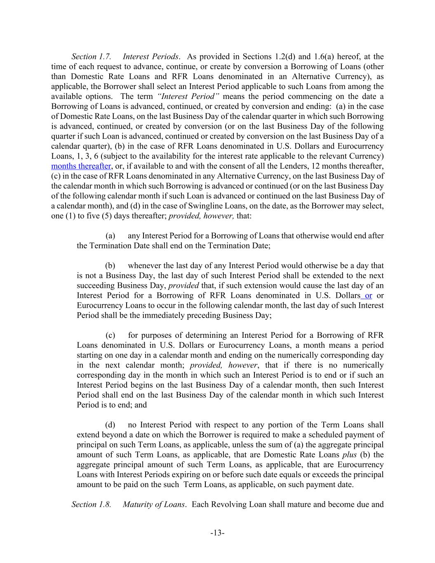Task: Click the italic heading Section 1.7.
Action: click(x=91, y=57)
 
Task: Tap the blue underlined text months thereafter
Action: click(x=81, y=166)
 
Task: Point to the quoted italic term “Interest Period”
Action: click(x=188, y=96)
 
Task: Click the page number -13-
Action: click(x=217, y=533)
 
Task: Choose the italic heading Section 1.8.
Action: click(x=91, y=504)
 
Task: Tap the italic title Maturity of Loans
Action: click(x=154, y=504)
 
